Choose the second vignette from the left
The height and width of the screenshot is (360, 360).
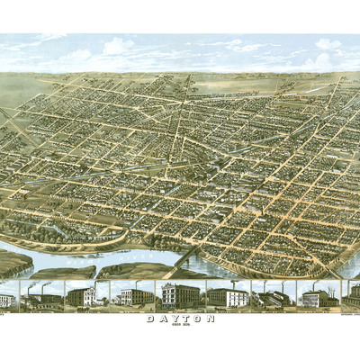(x=40, y=296)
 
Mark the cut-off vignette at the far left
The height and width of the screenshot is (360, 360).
(x=7, y=298)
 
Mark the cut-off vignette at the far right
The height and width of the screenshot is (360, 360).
(x=354, y=295)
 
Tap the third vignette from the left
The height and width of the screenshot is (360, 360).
(x=86, y=296)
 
